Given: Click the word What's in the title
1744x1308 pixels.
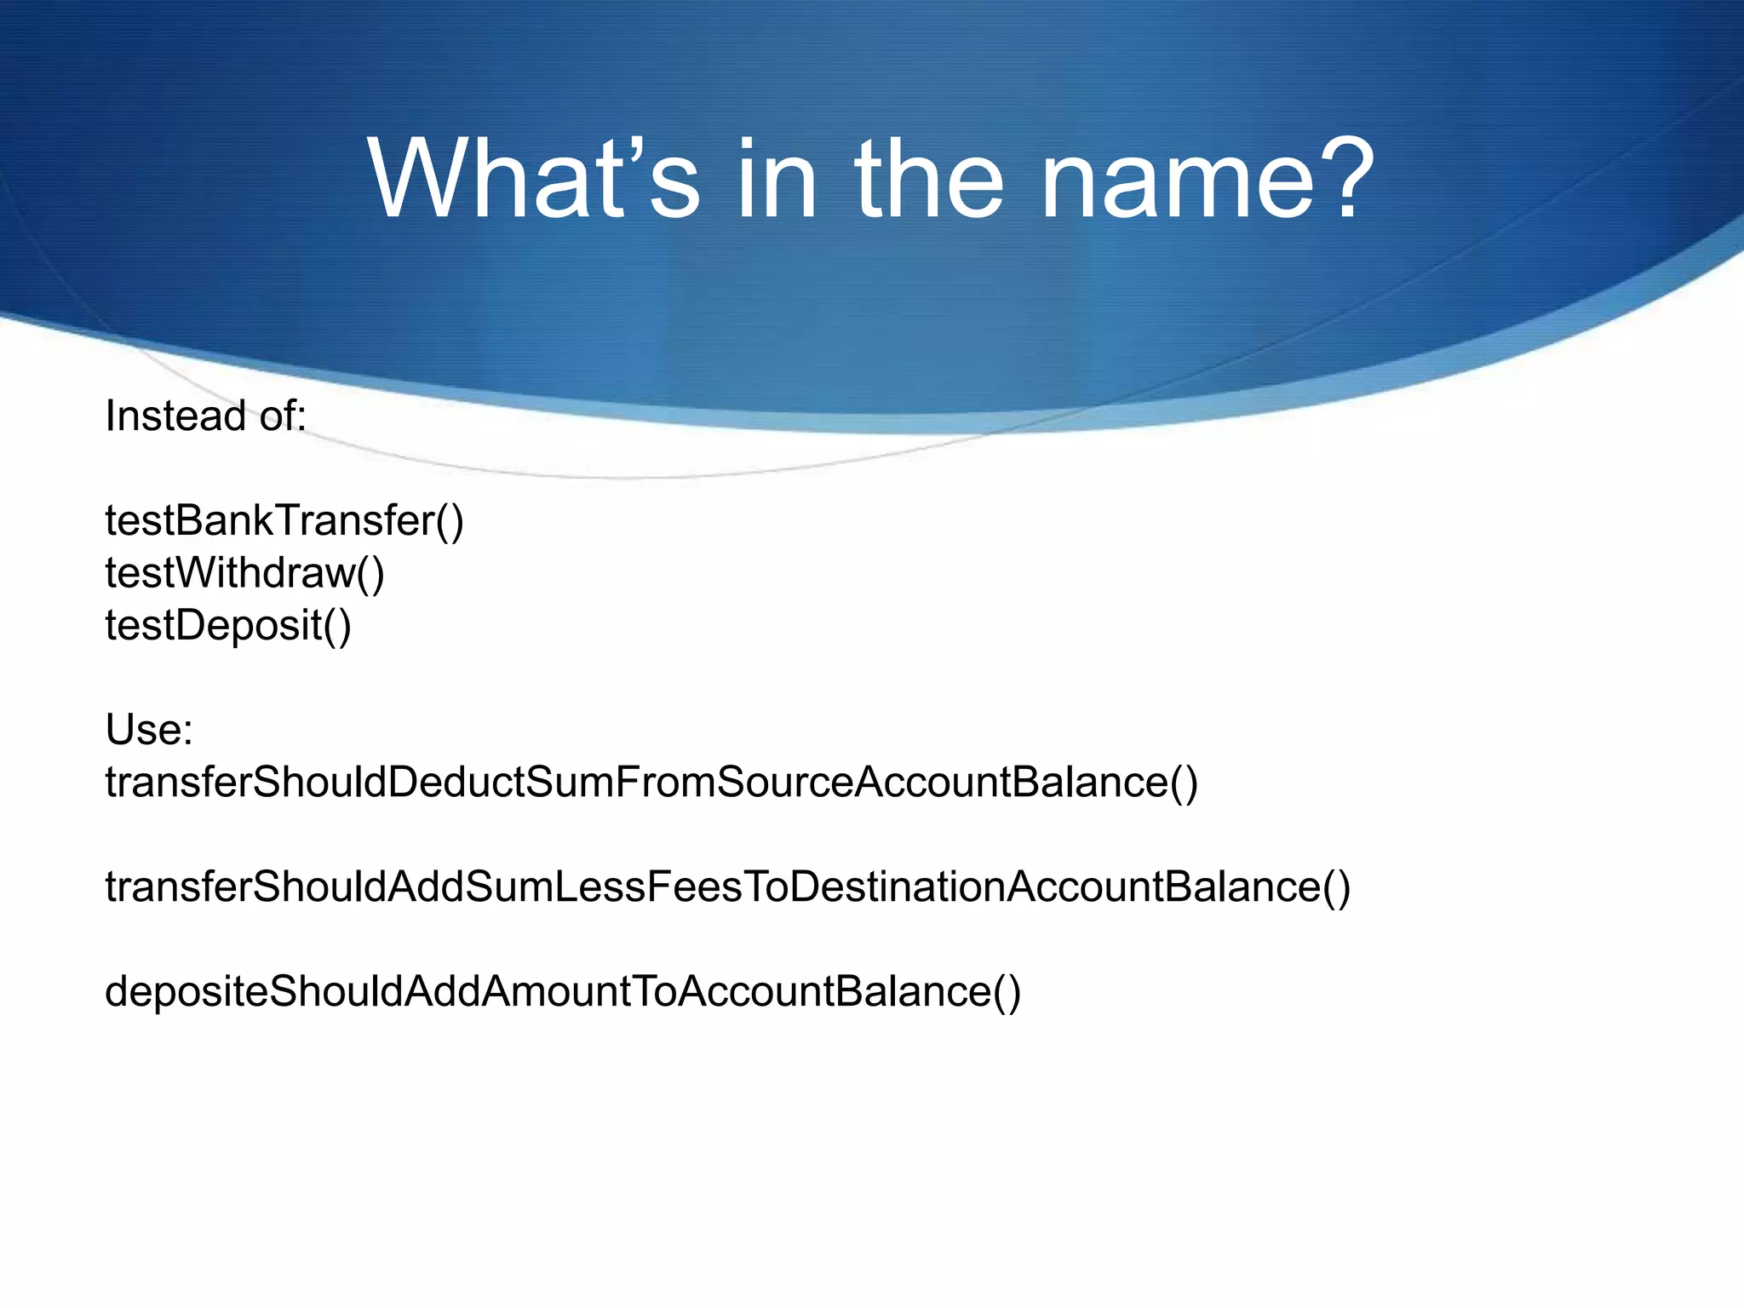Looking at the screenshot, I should pos(533,181).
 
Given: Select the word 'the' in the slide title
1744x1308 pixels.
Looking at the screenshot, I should pos(928,181).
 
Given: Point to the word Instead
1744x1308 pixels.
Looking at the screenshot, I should pos(175,416).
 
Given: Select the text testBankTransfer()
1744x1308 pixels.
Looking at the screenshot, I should pos(284,520).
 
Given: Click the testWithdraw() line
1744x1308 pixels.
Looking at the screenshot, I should pos(244,572).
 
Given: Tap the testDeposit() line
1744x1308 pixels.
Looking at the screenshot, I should pos(228,625).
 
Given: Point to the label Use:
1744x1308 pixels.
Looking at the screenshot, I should pos(149,730).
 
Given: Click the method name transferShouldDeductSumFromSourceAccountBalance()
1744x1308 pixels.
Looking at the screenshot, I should pos(651,782).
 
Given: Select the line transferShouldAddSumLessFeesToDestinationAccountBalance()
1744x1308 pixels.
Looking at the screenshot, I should pos(727,886).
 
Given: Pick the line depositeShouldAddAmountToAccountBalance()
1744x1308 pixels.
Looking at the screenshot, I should pos(563,991).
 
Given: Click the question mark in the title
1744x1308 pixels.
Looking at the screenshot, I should pos(1344,181).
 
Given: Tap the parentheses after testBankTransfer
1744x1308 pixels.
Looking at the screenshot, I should pos(450,520).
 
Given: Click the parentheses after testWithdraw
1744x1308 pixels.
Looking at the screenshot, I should pos(370,572).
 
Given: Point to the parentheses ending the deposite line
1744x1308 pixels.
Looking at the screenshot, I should pos(1007,991).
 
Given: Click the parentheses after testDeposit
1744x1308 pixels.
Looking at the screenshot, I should pos(337,625).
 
